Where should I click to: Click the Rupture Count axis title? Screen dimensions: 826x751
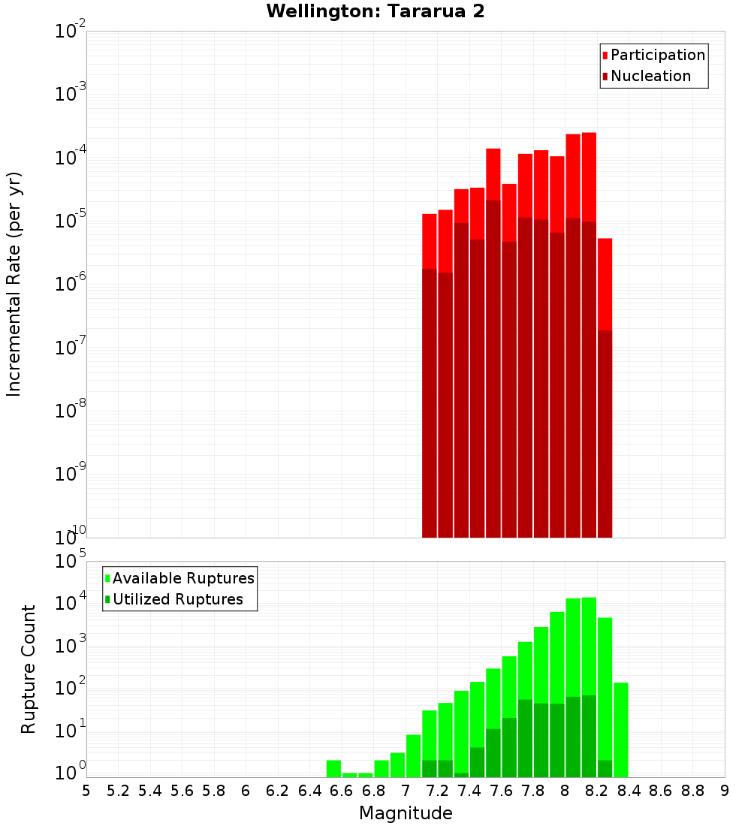tap(29, 668)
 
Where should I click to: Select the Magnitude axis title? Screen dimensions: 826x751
tap(406, 813)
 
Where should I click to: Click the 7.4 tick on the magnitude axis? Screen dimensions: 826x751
tap(469, 791)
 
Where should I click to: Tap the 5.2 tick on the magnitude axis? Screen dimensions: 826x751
tap(118, 791)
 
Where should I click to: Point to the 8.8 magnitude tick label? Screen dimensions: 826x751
tap(692, 791)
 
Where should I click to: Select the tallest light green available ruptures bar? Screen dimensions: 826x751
tap(589, 646)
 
